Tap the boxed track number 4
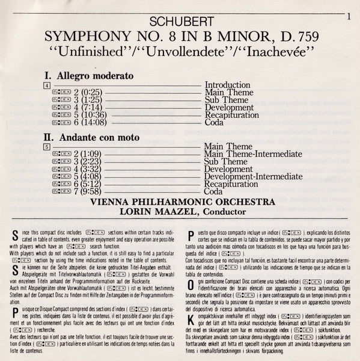(47, 85)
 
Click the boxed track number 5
(47, 146)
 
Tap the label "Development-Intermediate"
(253, 176)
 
